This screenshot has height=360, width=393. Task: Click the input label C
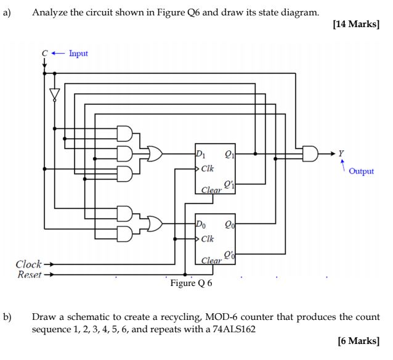click(44, 53)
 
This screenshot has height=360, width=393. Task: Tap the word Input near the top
click(78, 53)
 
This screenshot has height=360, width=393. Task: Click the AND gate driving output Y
click(312, 152)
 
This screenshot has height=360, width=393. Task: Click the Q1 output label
click(229, 155)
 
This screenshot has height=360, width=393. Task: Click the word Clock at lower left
click(28, 264)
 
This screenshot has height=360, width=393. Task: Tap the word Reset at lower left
click(28, 274)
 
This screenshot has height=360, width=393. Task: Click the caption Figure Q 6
click(191, 284)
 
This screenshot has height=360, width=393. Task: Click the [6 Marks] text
click(359, 340)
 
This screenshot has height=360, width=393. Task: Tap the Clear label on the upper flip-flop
click(211, 190)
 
